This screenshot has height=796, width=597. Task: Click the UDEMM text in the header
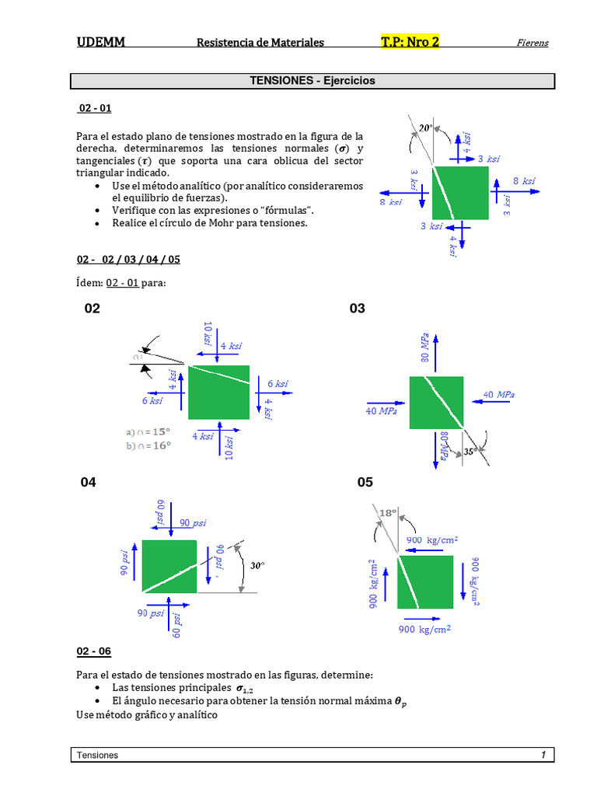tap(101, 42)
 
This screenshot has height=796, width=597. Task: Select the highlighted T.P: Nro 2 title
tap(410, 42)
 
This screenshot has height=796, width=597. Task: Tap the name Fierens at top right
tap(532, 43)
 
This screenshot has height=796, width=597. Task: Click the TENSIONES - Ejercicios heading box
tap(312, 81)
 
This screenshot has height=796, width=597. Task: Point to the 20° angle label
tap(424, 128)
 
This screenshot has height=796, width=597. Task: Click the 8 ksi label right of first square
tap(525, 181)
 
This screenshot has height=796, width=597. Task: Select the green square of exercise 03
tap(436, 401)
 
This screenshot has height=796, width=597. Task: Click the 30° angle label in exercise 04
tap(258, 566)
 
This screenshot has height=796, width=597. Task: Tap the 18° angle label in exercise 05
tap(388, 513)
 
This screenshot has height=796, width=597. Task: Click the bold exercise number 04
tap(89, 483)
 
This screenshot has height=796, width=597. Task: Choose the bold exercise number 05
tap(365, 483)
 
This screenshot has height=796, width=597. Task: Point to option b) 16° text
tap(148, 445)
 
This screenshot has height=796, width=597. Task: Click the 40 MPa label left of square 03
tap(381, 411)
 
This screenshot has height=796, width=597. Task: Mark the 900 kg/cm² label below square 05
tap(425, 630)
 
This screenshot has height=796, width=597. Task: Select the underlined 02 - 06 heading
tap(94, 651)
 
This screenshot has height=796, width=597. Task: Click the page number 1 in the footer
tap(544, 755)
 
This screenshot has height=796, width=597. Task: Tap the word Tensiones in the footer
tap(98, 755)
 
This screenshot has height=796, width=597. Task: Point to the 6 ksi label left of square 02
tap(152, 401)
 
